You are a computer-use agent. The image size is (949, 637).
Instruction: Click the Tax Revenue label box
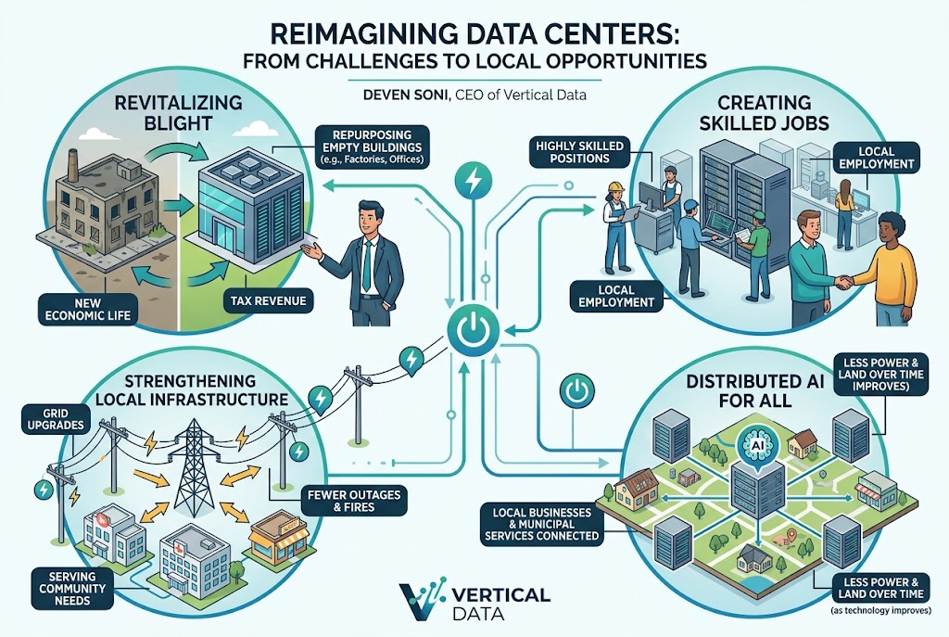point(268,301)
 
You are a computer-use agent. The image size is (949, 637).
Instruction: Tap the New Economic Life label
point(88,309)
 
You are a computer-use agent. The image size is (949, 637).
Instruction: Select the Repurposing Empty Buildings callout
point(372,147)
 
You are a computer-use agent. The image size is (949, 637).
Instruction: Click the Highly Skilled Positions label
point(580,152)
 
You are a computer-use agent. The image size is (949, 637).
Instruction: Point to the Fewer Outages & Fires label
point(353,500)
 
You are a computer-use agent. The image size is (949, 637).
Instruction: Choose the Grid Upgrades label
point(55,418)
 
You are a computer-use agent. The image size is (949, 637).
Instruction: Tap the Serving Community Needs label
point(72,588)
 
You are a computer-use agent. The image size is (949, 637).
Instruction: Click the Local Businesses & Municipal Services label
point(541,523)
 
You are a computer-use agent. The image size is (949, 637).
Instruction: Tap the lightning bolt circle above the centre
point(474,180)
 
